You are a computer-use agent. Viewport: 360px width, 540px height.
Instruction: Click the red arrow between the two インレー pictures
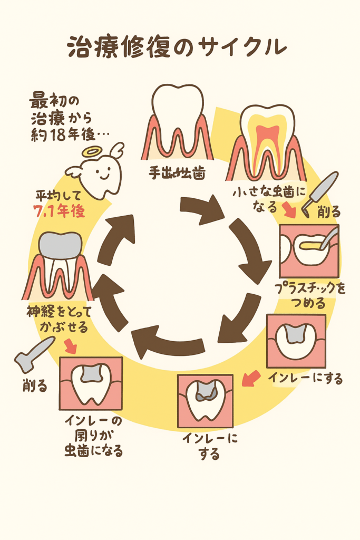(x=250, y=378)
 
